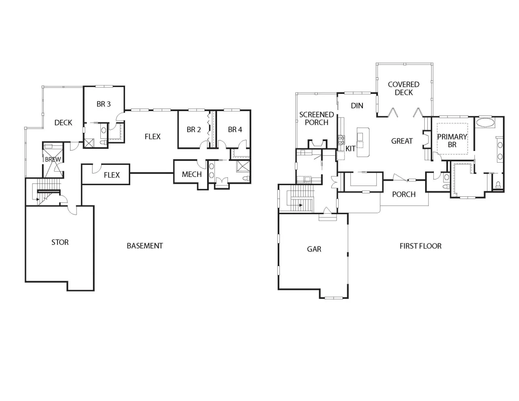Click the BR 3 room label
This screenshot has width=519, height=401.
pyautogui.click(x=103, y=104)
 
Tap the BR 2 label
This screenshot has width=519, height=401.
pyautogui.click(x=194, y=129)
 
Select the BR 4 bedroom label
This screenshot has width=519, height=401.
pyautogui.click(x=235, y=129)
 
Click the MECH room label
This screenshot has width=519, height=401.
pyautogui.click(x=192, y=174)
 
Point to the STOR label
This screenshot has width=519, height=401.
pyautogui.click(x=60, y=242)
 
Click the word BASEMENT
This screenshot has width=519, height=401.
pyautogui.click(x=145, y=246)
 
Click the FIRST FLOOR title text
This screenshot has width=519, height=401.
pyautogui.click(x=420, y=246)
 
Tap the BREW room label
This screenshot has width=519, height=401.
pyautogui.click(x=53, y=159)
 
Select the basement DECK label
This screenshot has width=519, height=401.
pyautogui.click(x=63, y=123)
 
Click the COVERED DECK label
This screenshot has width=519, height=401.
pyautogui.click(x=404, y=88)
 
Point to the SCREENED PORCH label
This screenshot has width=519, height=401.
pyautogui.click(x=317, y=119)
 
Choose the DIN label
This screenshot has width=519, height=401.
pyautogui.click(x=357, y=106)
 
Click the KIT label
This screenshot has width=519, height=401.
pyautogui.click(x=350, y=148)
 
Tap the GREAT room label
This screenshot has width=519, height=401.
pyautogui.click(x=402, y=141)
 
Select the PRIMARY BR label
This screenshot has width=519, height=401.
pyautogui.click(x=452, y=141)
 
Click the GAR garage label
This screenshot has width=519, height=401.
pyautogui.click(x=314, y=249)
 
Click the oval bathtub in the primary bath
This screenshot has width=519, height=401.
pyautogui.click(x=485, y=122)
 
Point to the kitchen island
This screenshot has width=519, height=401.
pyautogui.click(x=363, y=142)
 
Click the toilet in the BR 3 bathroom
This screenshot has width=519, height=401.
pyautogui.click(x=103, y=143)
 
